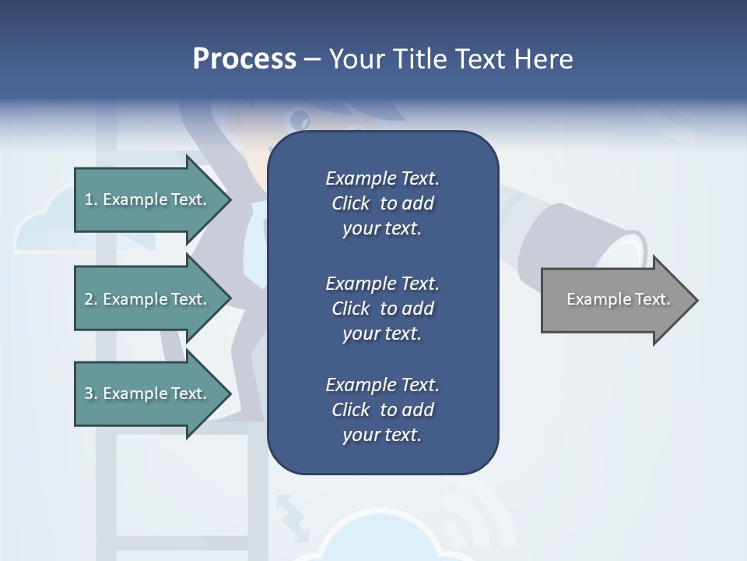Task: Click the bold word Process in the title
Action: tap(244, 58)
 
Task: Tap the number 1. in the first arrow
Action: tap(91, 199)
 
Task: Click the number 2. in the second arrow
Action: tap(91, 299)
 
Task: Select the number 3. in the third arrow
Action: tap(91, 393)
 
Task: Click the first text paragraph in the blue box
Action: tap(382, 203)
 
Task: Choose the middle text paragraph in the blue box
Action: tap(382, 308)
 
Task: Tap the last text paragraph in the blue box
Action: tap(382, 410)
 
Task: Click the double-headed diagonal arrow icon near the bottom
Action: tap(292, 516)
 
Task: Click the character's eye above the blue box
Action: tap(300, 120)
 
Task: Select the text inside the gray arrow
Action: tap(619, 299)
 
